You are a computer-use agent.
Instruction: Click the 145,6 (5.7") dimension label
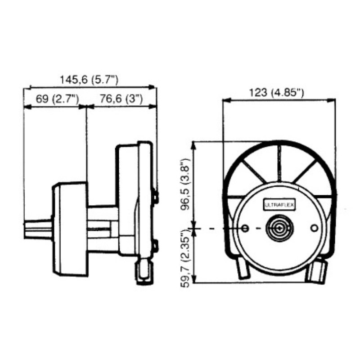[89, 80]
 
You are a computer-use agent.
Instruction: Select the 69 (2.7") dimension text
[58, 99]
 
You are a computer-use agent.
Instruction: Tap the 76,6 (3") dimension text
[121, 99]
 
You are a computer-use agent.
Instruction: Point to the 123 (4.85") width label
[276, 93]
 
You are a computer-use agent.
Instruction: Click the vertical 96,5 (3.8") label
[185, 184]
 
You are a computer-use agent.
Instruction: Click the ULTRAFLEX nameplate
[279, 205]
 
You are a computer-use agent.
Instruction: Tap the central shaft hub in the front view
[279, 228]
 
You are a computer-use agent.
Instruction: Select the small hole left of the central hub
[245, 228]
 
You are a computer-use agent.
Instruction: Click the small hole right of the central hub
[314, 228]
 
